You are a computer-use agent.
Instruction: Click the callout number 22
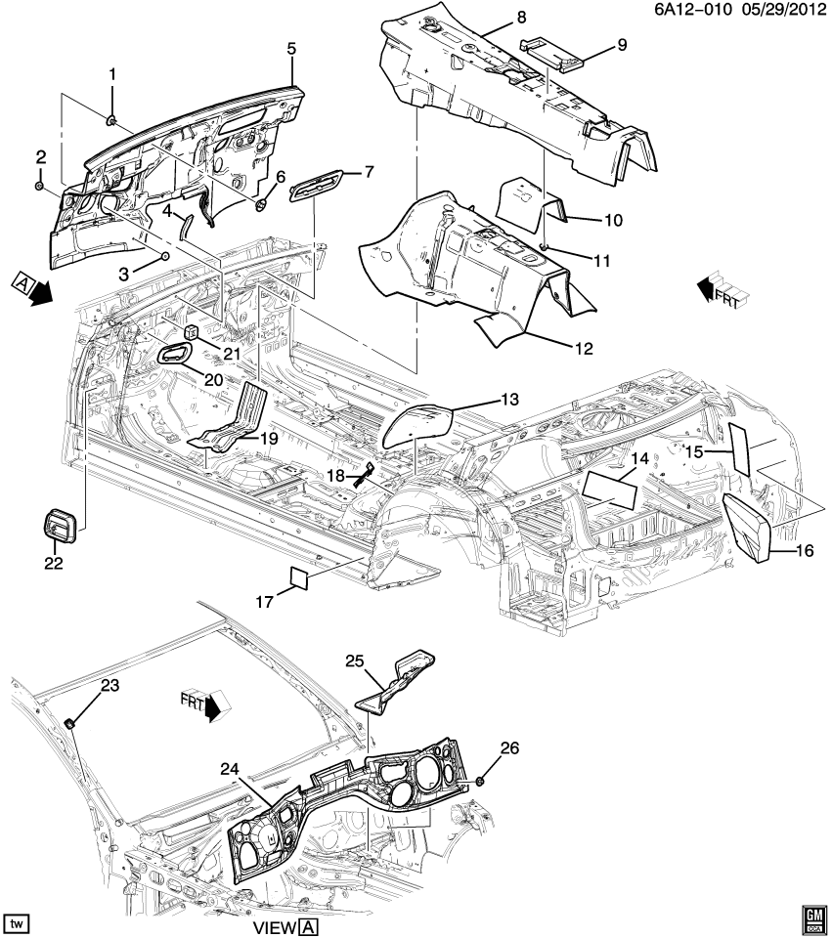click(53, 563)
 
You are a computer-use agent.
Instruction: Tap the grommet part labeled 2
click(39, 185)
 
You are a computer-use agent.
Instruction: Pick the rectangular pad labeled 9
click(553, 52)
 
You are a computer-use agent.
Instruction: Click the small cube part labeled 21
click(192, 332)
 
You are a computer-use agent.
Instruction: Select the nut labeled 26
click(483, 781)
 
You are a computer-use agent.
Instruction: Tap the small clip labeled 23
click(70, 722)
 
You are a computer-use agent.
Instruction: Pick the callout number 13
click(510, 400)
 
